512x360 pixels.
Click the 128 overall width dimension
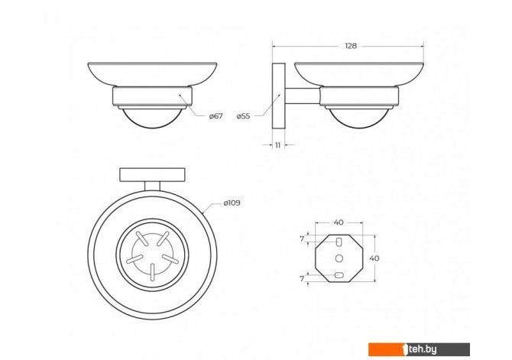350,46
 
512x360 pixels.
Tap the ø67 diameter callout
215,116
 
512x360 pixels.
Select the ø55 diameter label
244,116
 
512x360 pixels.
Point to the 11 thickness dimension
277,145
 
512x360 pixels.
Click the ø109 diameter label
232,203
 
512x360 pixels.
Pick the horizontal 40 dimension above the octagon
339,222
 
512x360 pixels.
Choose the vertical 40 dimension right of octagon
374,258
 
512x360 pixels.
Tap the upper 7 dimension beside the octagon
302,239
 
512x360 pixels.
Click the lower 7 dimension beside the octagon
302,279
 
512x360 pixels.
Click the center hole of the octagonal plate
339,258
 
